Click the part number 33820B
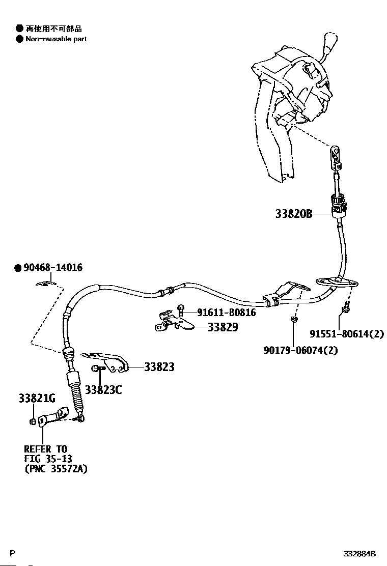click(x=294, y=214)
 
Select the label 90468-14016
click(x=53, y=268)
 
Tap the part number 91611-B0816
click(x=227, y=312)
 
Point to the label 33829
click(x=223, y=327)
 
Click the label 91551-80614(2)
click(x=347, y=334)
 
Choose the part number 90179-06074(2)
click(x=301, y=350)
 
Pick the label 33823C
click(x=103, y=390)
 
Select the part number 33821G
click(x=37, y=399)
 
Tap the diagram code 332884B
click(x=360, y=554)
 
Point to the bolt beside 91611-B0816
click(x=181, y=310)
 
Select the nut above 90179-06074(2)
click(x=294, y=319)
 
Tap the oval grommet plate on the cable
click(x=337, y=283)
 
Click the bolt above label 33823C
click(x=97, y=368)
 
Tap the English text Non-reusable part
click(x=56, y=39)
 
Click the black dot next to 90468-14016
click(x=18, y=268)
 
